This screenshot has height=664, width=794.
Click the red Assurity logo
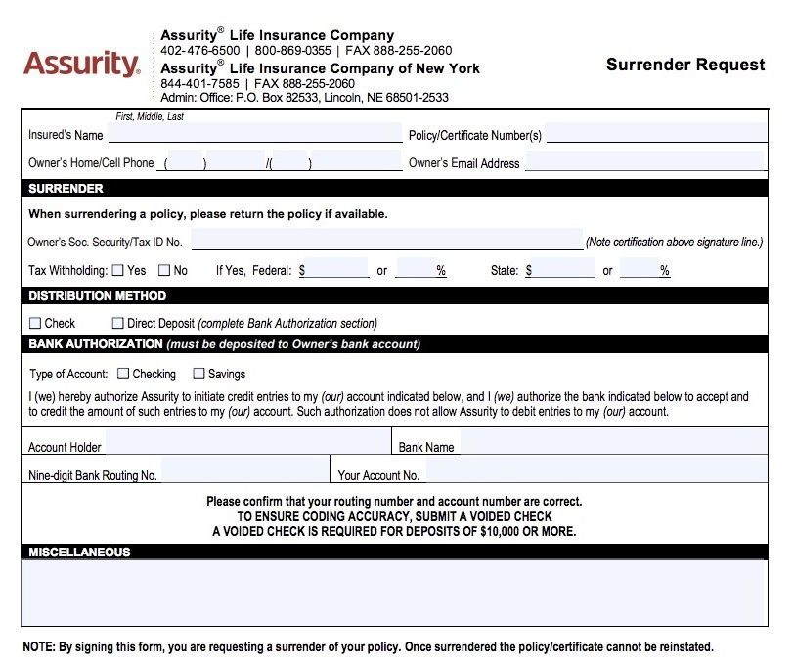pyautogui.click(x=81, y=65)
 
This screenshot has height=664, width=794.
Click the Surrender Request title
pyautogui.click(x=684, y=65)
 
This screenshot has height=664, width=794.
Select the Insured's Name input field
pyautogui.click(x=254, y=134)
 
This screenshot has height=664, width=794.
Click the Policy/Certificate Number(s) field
pyautogui.click(x=655, y=134)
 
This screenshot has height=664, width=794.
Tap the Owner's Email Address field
pyautogui.click(x=643, y=161)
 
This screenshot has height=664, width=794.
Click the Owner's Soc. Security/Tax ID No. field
pyautogui.click(x=386, y=241)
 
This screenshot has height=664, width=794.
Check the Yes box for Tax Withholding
pyautogui.click(x=118, y=270)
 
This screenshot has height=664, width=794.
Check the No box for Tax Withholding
pyautogui.click(x=164, y=270)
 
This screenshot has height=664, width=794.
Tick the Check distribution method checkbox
pyautogui.click(x=35, y=323)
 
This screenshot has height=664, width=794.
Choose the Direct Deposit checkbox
pyautogui.click(x=118, y=323)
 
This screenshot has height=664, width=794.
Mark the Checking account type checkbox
pyautogui.click(x=123, y=374)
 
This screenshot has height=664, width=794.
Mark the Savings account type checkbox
pyautogui.click(x=198, y=374)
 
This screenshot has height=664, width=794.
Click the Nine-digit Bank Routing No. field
pyautogui.click(x=244, y=474)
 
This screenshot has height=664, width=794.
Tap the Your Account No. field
pyautogui.click(x=594, y=474)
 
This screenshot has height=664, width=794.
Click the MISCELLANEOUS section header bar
pyautogui.click(x=391, y=553)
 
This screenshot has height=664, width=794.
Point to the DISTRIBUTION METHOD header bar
pyautogui.click(x=391, y=295)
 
